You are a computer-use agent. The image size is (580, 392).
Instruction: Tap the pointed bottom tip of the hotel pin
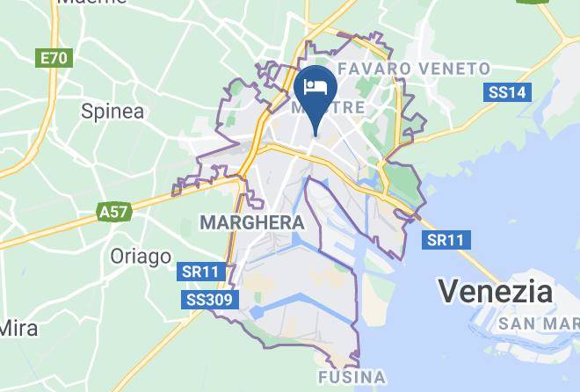[x=315, y=136]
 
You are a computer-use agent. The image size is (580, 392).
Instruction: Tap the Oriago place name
[x=141, y=256]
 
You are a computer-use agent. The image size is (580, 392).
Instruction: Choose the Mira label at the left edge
[x=18, y=328]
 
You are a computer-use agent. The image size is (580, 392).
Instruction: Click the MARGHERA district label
[x=252, y=223]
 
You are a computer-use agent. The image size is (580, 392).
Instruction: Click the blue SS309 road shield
[x=210, y=301]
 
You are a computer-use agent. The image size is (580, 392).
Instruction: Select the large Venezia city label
[x=495, y=290]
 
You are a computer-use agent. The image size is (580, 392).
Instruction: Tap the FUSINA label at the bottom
[x=351, y=378]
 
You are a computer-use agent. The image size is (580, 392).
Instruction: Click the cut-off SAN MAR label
[x=538, y=323]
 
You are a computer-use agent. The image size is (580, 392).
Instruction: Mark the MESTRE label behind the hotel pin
[x=327, y=107]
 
